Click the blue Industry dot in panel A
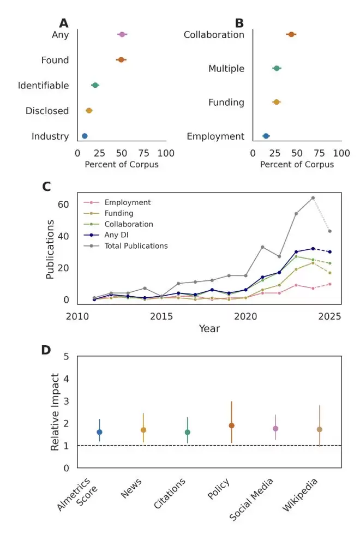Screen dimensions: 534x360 pos(85,136)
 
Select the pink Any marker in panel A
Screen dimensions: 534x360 pos(122,34)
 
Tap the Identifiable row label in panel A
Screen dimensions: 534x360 pos(44,86)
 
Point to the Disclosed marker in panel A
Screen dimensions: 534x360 pos(89,111)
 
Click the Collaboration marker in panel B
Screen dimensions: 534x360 pos(291,34)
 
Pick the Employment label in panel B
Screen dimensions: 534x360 pos(215,136)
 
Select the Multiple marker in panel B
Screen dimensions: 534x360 pos(277,68)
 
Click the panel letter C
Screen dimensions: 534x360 pos(47,186)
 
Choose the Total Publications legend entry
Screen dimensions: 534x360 pos(136,246)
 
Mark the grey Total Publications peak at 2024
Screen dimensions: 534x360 pos(313,198)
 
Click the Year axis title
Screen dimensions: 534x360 pos(209,329)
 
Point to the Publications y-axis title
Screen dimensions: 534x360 pos(50,249)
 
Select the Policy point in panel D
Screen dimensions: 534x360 pos(231,425)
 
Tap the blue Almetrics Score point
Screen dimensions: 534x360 pos(99,432)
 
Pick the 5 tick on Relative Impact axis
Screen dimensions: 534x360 pos(67,356)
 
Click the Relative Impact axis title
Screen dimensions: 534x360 pos(55,412)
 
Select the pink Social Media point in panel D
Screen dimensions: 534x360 pos(275,429)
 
